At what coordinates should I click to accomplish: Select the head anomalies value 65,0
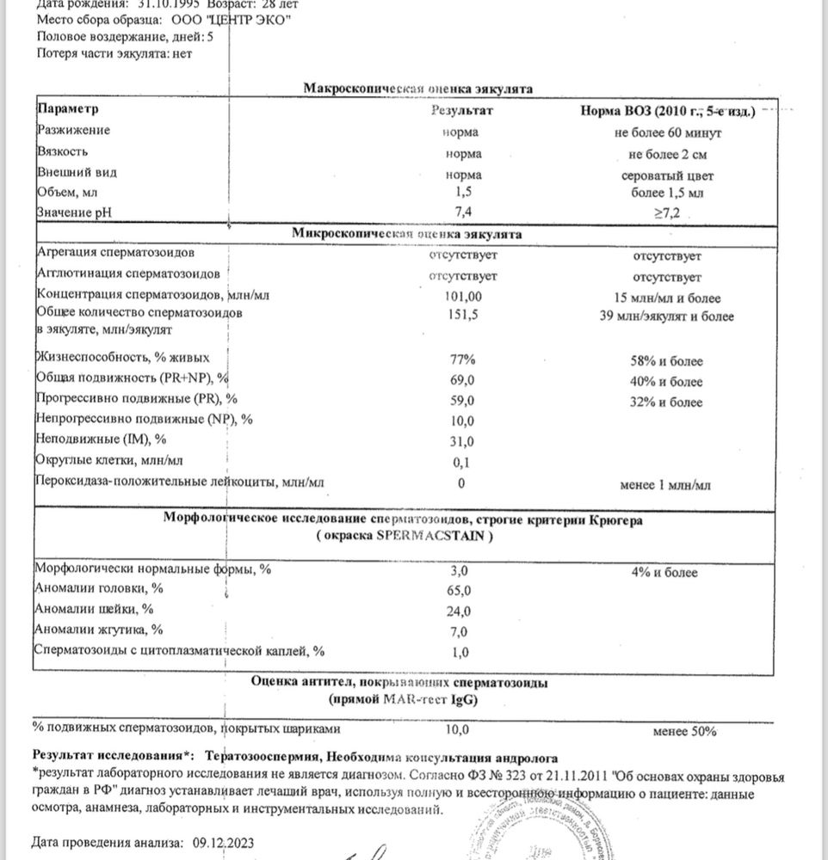tap(461, 591)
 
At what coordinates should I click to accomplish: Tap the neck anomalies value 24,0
tap(461, 611)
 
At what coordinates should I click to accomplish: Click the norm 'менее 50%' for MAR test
tap(685, 731)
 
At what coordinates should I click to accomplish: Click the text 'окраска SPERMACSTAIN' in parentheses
tap(404, 535)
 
